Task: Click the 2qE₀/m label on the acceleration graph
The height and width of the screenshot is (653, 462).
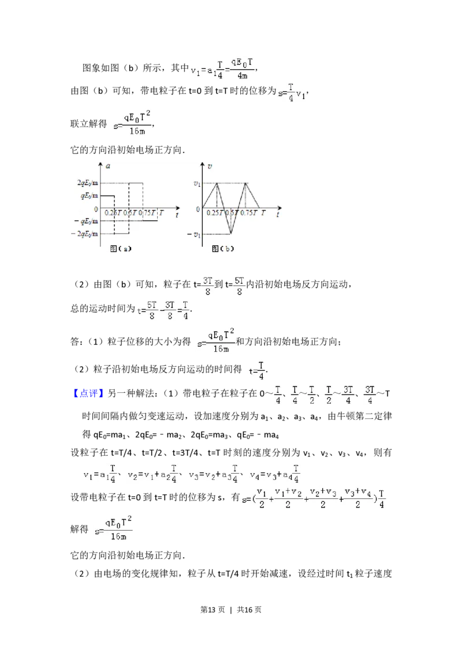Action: click(x=85, y=183)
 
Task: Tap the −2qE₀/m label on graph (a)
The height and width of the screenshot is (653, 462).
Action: click(x=84, y=234)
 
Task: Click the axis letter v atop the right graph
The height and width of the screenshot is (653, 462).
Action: click(x=209, y=166)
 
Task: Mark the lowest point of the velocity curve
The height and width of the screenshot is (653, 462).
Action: click(x=231, y=234)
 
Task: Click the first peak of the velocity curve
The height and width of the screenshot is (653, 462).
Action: click(x=217, y=183)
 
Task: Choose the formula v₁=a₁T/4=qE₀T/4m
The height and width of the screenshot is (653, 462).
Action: click(x=221, y=69)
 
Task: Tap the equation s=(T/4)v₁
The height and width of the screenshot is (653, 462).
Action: click(x=290, y=92)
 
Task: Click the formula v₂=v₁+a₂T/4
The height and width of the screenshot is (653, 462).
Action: click(x=152, y=474)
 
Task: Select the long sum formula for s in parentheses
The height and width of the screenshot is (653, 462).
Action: click(x=312, y=497)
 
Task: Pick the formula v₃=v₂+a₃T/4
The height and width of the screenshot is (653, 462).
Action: click(x=212, y=474)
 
